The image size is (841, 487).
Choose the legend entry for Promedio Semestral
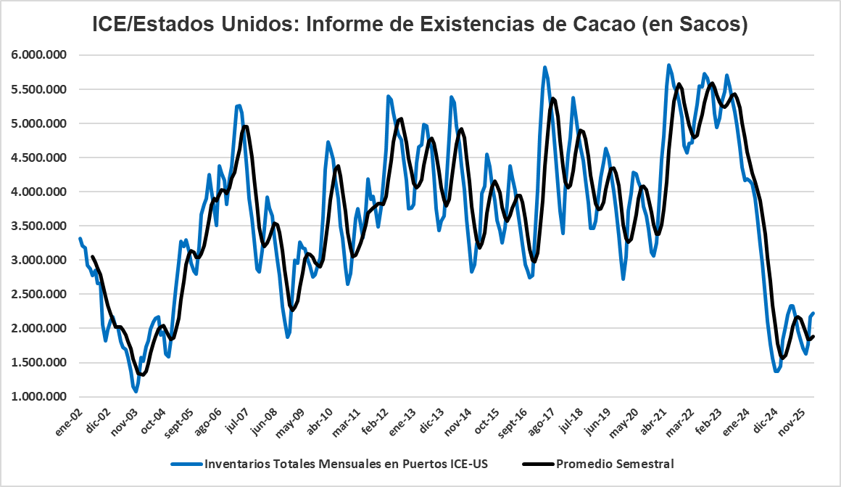pyautogui.click(x=614, y=463)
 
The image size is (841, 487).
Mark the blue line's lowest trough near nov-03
pyautogui.click(x=136, y=392)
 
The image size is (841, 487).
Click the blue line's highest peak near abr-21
pyautogui.click(x=668, y=65)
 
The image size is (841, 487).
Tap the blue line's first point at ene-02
pyautogui.click(x=80, y=238)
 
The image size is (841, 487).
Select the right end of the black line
pyautogui.click(x=813, y=336)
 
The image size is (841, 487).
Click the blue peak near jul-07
pyautogui.click(x=239, y=106)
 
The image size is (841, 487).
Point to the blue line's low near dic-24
pyautogui.click(x=776, y=371)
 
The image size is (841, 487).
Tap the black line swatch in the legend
pyautogui.click(x=537, y=463)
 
